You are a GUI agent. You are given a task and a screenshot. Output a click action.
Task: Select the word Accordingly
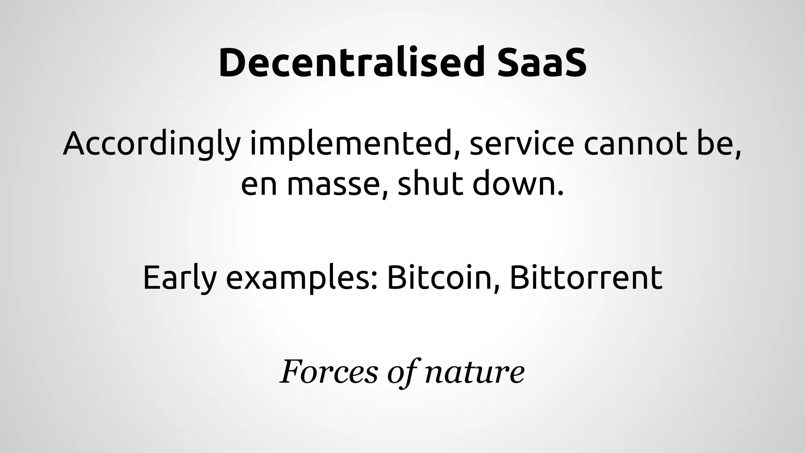coord(151,144)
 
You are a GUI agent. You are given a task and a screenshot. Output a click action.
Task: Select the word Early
coord(180,278)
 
